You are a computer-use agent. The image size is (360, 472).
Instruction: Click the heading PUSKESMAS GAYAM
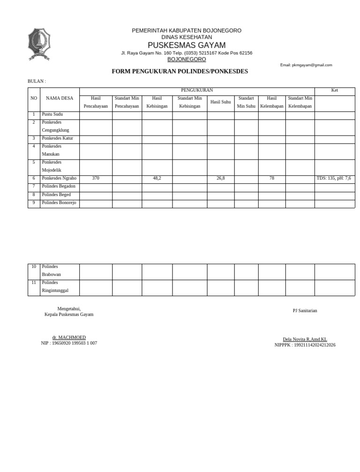[x=187, y=45]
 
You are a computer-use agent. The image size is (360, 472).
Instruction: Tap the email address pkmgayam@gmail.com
[x=306, y=65]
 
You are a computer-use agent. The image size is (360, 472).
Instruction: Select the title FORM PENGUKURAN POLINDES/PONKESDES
[x=180, y=71]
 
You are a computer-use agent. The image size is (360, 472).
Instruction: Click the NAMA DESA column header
[x=60, y=98]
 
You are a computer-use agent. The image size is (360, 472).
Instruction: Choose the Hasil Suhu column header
[x=220, y=102]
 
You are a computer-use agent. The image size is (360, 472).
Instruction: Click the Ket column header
[x=334, y=90]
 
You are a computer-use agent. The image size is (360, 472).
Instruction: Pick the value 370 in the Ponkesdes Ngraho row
[x=96, y=178]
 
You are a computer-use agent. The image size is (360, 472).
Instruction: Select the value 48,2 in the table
[x=157, y=178]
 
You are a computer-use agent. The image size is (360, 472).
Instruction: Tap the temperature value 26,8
[x=220, y=178]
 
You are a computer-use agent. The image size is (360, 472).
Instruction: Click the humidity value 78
[x=272, y=178]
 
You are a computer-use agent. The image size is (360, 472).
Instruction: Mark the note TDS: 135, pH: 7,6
[x=334, y=178]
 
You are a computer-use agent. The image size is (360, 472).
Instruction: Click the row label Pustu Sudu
[x=52, y=114]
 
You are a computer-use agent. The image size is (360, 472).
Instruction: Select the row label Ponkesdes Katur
[x=58, y=138]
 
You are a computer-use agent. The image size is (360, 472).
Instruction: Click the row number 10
[x=34, y=266]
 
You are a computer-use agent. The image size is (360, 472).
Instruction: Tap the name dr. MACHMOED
[x=69, y=337]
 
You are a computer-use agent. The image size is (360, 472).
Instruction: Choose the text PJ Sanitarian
[x=305, y=311]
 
